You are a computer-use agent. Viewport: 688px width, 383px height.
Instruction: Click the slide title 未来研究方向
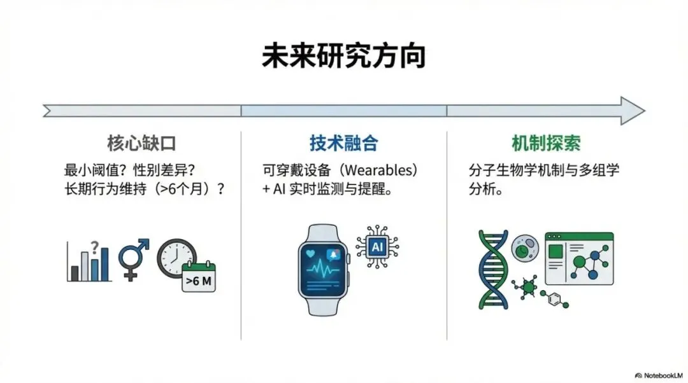343,57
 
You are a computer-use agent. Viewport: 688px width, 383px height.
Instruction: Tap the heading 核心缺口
141,143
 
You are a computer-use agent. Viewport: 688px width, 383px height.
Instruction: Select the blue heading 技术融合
343,143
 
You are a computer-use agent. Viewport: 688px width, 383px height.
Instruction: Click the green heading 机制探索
546,143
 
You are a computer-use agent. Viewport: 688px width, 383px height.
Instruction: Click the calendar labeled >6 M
199,277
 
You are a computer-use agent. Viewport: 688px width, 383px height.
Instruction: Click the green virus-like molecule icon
527,288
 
